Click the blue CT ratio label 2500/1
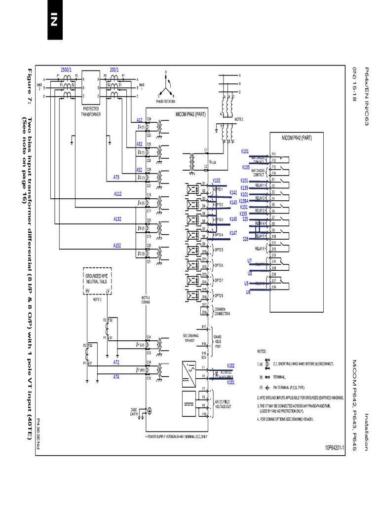tap(66, 70)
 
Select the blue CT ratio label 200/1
tap(114, 70)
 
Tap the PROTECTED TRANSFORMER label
tap(91, 110)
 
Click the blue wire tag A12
tap(140, 120)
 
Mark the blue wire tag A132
tap(117, 218)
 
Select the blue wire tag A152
tap(117, 245)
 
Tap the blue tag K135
tap(246, 167)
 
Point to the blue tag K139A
tap(244, 201)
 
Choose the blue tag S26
tap(245, 239)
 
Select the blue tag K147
tap(233, 232)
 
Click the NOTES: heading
tap(262, 352)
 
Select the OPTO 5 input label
tap(218, 250)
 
